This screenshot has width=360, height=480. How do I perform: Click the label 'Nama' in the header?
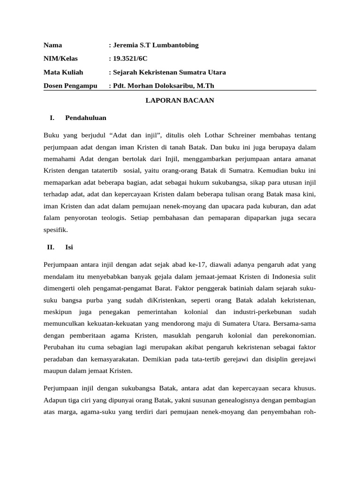[x=52, y=45]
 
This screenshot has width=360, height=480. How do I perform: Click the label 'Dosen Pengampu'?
[x=70, y=86]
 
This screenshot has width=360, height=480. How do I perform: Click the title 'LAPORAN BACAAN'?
[x=180, y=101]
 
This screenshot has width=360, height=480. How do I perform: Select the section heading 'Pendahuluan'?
[x=86, y=118]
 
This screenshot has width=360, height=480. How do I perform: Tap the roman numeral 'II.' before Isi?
[x=51, y=247]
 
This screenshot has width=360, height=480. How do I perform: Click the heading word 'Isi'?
[x=69, y=247]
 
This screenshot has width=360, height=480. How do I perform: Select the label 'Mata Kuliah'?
[x=63, y=73]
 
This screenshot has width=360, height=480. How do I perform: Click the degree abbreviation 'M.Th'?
[x=205, y=86]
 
